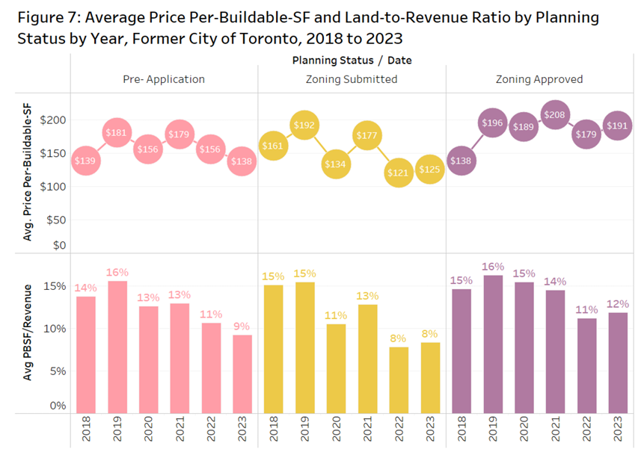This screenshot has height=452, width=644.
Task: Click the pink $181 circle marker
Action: [117, 134]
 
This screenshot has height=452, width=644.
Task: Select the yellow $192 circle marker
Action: [304, 126]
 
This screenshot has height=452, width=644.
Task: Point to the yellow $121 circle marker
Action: [398, 173]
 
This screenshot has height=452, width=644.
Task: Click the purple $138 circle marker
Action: [461, 161]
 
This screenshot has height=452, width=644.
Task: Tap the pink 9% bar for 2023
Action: [242, 374]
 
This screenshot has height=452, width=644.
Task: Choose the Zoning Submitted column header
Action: [352, 79]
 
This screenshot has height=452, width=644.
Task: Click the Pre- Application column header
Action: [164, 79]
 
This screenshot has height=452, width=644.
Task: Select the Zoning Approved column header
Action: [539, 79]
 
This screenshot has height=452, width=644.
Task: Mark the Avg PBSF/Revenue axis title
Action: [28, 333]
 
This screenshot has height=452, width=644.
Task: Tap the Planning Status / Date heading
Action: [352, 60]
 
